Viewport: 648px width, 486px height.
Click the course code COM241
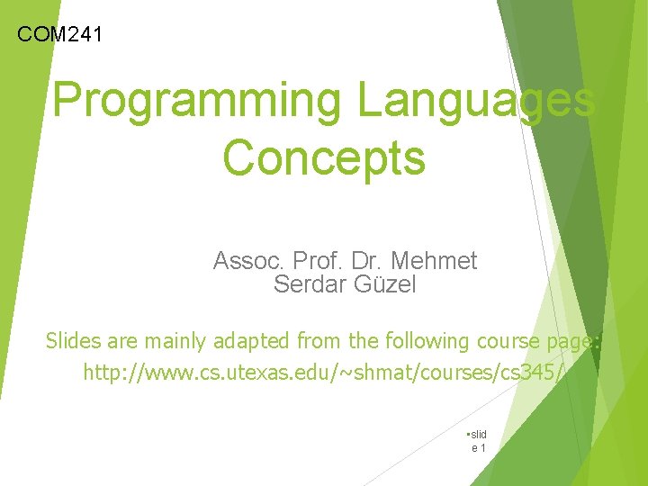(60, 35)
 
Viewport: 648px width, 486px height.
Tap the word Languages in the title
(476, 100)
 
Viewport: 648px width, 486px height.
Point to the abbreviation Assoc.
(246, 261)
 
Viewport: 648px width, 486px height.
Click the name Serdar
(307, 284)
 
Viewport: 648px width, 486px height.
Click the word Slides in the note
(74, 341)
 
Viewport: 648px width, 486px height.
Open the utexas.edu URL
(324, 371)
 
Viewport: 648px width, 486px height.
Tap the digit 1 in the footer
(483, 447)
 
